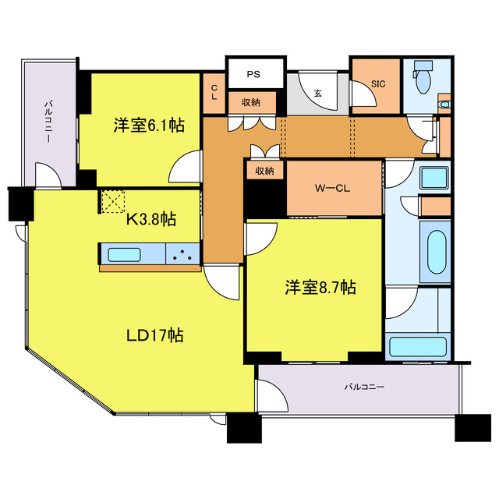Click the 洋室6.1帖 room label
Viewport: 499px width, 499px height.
(149, 124)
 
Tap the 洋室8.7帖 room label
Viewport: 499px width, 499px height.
(320, 288)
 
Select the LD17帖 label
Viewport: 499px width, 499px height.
(155, 335)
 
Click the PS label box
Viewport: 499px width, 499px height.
(253, 75)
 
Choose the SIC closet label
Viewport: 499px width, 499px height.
(377, 83)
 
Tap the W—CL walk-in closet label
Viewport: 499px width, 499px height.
(334, 187)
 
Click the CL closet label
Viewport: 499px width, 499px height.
(214, 93)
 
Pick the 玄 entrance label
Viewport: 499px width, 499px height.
(318, 93)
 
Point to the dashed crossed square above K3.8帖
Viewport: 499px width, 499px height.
(113, 200)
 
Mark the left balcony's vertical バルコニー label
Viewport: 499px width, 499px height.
(48, 122)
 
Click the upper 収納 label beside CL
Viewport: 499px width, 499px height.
(250, 102)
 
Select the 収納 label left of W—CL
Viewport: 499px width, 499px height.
(264, 171)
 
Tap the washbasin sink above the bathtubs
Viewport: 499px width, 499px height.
(432, 177)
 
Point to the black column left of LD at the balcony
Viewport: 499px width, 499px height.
(19, 204)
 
